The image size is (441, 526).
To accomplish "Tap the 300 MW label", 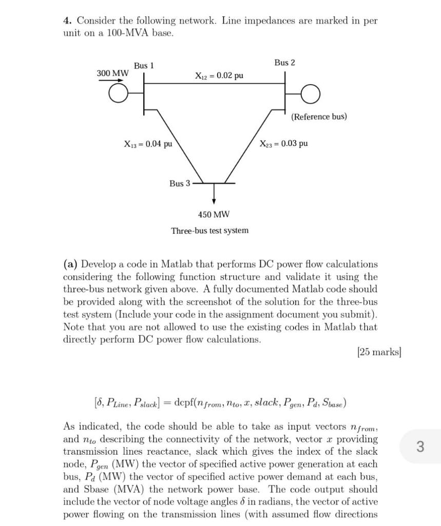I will click(112, 73).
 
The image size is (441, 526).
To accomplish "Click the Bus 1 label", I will click(144, 66).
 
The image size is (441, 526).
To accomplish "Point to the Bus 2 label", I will click(284, 63).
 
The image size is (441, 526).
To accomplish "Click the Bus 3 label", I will click(180, 183).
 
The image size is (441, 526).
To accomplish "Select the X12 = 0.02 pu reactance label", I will click(219, 76).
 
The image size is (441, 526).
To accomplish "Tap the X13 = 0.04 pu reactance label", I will click(148, 144).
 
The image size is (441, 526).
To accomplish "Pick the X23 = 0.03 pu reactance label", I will click(283, 143).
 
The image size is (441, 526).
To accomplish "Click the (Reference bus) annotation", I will click(319, 117).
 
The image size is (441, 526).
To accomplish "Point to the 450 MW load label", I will click(214, 214).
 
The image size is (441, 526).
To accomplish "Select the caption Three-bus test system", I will click(209, 231).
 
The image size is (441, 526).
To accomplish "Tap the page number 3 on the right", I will click(419, 446).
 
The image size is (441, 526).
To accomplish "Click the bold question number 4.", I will click(67, 21).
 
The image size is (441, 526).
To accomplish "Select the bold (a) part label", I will click(70, 265).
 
